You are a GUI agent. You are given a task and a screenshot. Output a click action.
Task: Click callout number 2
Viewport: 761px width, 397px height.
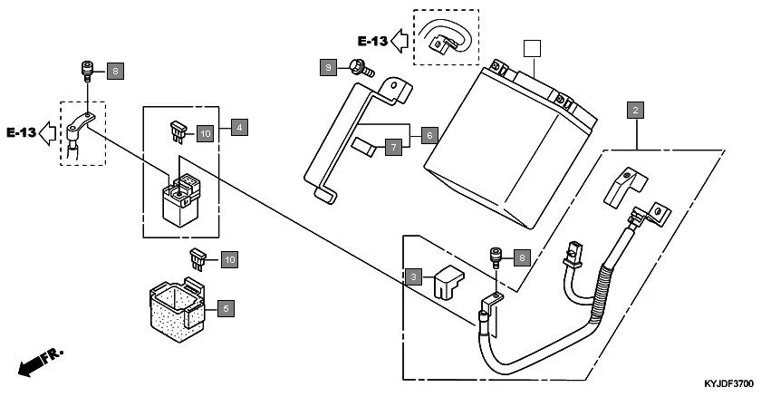click(x=636, y=111)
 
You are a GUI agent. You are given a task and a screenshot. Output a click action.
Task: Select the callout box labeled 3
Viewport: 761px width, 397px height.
click(x=413, y=276)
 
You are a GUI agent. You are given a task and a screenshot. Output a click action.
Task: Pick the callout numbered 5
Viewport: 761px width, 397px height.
click(x=225, y=308)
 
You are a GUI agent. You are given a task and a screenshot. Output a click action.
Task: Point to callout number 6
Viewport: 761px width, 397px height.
click(x=430, y=134)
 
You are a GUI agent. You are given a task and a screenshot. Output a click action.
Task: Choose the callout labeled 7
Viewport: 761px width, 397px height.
click(x=392, y=146)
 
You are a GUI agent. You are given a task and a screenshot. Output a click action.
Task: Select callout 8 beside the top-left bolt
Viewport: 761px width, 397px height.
click(x=113, y=70)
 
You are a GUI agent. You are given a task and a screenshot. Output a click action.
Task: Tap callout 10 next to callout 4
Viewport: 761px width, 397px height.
click(x=205, y=133)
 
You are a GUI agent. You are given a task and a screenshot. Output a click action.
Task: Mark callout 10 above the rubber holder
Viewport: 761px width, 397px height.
click(x=229, y=260)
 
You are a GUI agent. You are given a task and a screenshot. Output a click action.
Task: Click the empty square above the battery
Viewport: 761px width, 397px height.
click(x=533, y=47)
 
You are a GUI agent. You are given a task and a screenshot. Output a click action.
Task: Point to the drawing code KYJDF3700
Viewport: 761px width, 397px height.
click(x=728, y=386)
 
